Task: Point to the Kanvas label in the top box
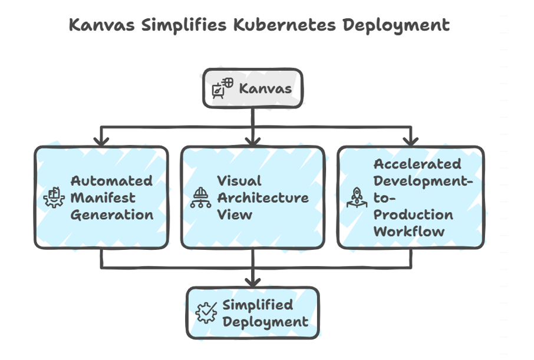[265, 88]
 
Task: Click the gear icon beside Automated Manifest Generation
[54, 197]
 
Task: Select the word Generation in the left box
[112, 214]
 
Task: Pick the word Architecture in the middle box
[262, 197]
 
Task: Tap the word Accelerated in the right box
[417, 164]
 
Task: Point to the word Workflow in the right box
[409, 231]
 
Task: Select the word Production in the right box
[413, 214]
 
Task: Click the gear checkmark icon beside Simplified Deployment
[206, 313]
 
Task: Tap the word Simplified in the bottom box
[258, 305]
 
